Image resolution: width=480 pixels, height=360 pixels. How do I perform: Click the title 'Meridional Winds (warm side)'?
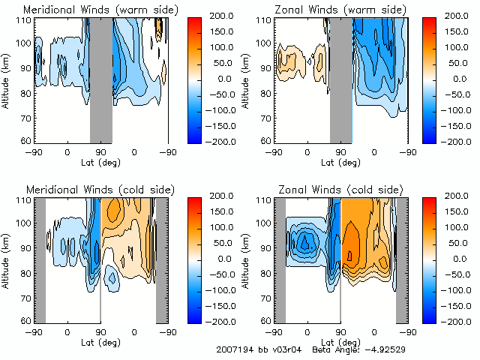pos(90,9)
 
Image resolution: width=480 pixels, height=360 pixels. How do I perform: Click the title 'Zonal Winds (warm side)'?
pos(330,9)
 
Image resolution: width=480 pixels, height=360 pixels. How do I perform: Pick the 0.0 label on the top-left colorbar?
pos(217,78)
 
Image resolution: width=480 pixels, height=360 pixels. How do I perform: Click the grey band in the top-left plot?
pos(101,79)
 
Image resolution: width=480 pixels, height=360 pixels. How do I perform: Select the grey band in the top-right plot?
pos(341,79)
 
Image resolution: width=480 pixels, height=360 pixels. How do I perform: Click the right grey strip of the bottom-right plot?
pos(402,259)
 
